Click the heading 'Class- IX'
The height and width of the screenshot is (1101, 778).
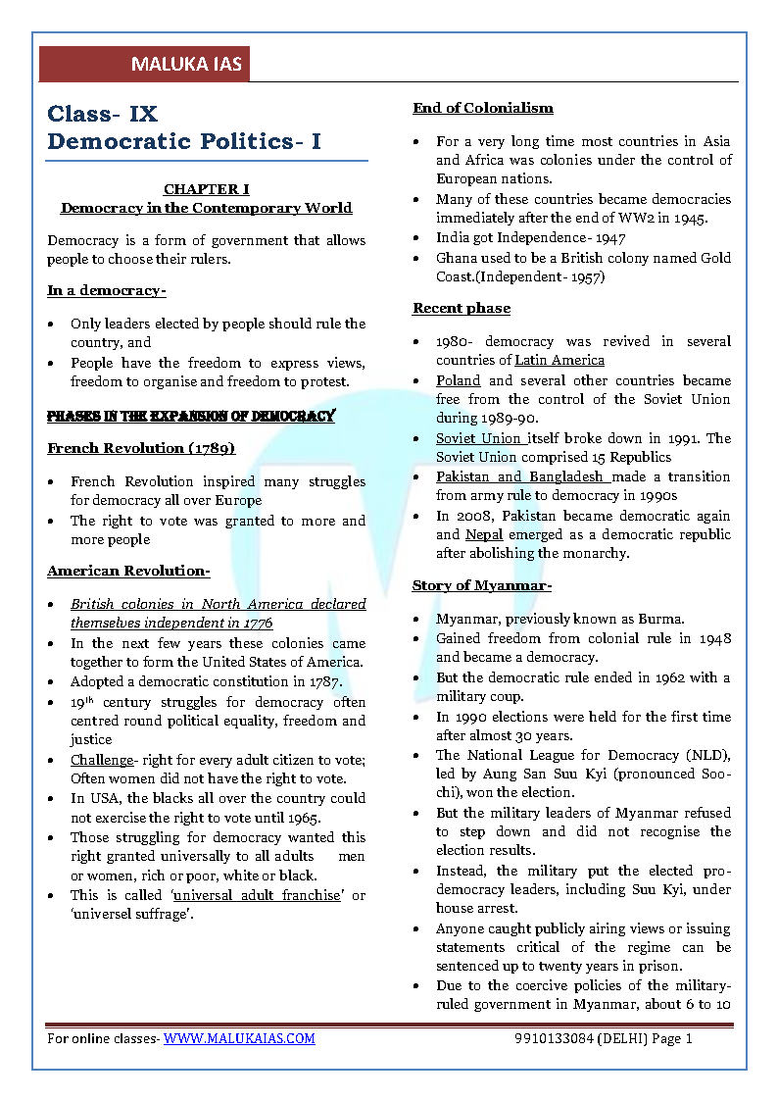tap(102, 115)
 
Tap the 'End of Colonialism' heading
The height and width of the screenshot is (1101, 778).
tap(482, 108)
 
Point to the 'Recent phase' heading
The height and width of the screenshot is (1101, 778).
tap(461, 308)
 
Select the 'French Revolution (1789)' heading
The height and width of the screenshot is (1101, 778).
tap(141, 448)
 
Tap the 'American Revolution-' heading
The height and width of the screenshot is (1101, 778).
tap(128, 571)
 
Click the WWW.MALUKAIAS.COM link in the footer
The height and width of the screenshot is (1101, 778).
tap(239, 1038)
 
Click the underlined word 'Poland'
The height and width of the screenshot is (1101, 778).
tap(458, 380)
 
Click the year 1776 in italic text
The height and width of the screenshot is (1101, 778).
tap(258, 624)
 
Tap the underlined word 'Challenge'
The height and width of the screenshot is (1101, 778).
tap(101, 760)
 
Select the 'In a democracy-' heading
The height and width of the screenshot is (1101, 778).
tap(106, 290)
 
